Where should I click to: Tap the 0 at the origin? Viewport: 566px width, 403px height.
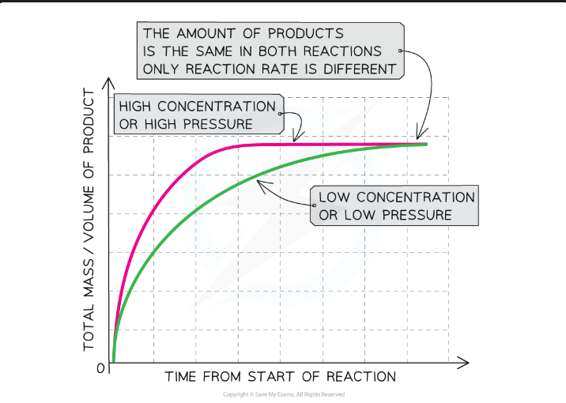click(100, 368)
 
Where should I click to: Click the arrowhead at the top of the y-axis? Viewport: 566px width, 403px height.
click(111, 82)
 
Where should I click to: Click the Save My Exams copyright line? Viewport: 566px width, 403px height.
click(283, 394)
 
